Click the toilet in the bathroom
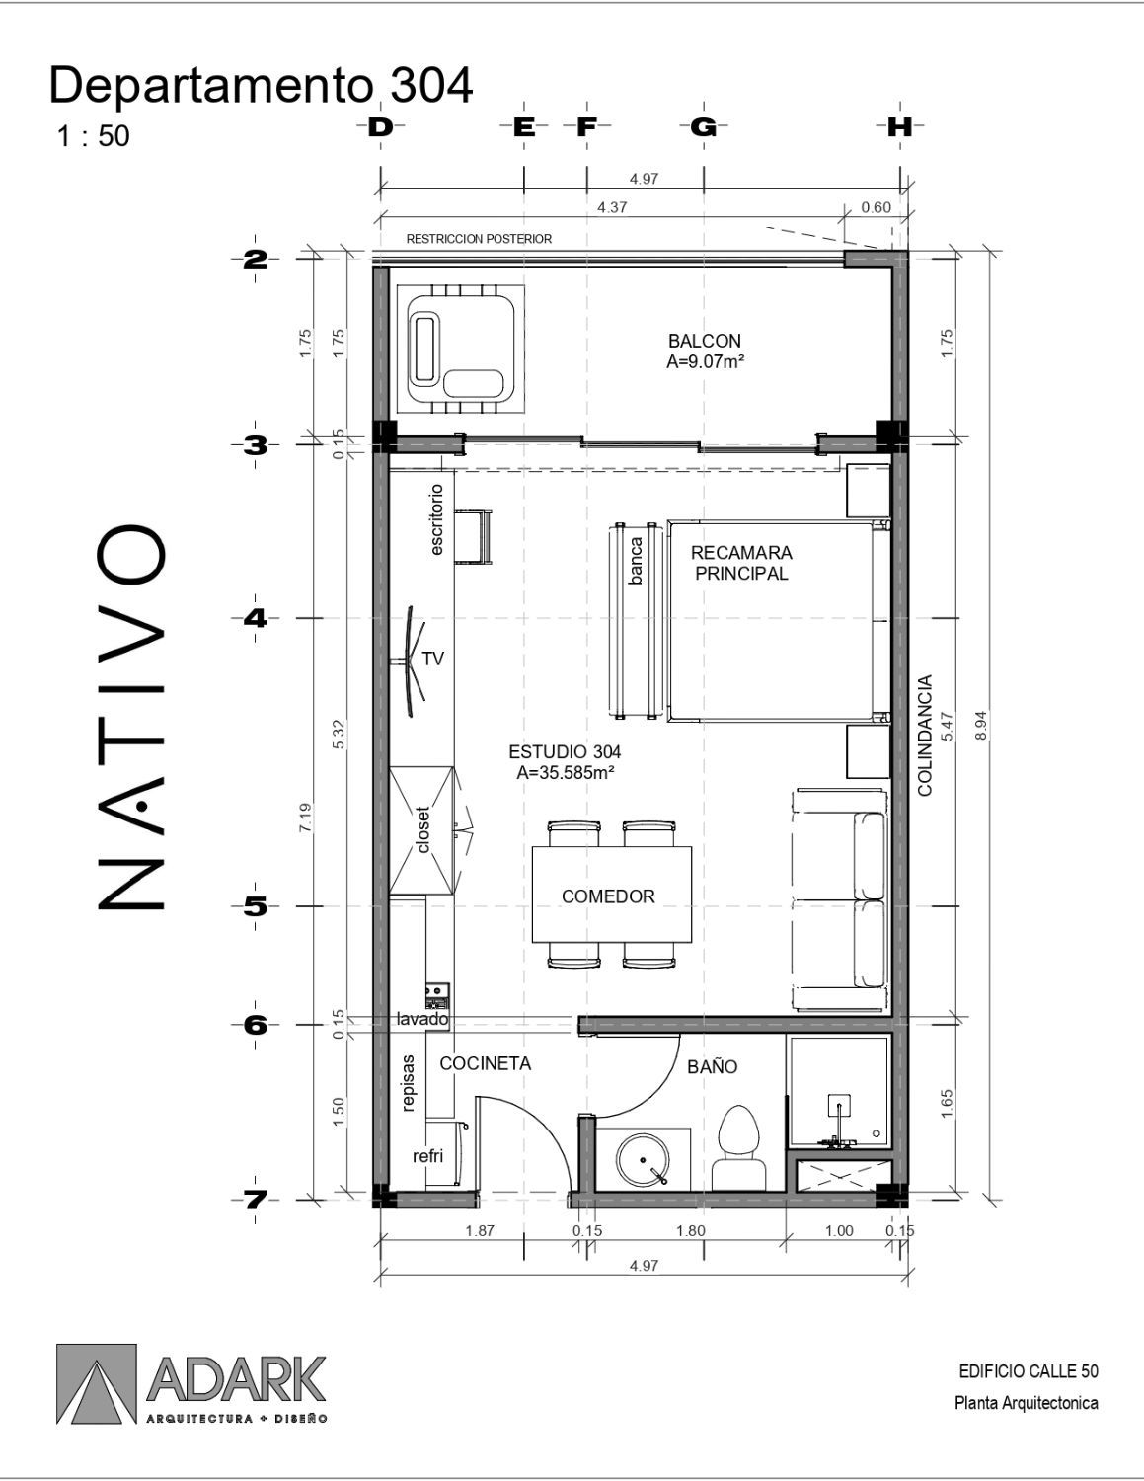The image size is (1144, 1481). (738, 1147)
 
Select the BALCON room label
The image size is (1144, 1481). (705, 340)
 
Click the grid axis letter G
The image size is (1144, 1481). (703, 126)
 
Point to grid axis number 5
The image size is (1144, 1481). (256, 907)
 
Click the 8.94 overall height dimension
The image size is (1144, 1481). (981, 727)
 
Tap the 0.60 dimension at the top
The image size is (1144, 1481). (876, 207)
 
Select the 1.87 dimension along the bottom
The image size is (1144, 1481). (480, 1230)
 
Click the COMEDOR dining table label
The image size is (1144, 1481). (608, 896)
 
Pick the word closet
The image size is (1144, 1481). (423, 829)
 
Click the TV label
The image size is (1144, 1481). (433, 659)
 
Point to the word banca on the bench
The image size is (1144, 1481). (636, 561)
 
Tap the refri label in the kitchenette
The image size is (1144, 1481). (428, 1156)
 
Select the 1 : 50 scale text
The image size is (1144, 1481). (94, 136)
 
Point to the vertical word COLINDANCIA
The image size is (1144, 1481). (925, 736)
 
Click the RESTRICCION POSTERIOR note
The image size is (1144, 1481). (479, 239)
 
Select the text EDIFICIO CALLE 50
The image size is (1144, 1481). (1029, 1370)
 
